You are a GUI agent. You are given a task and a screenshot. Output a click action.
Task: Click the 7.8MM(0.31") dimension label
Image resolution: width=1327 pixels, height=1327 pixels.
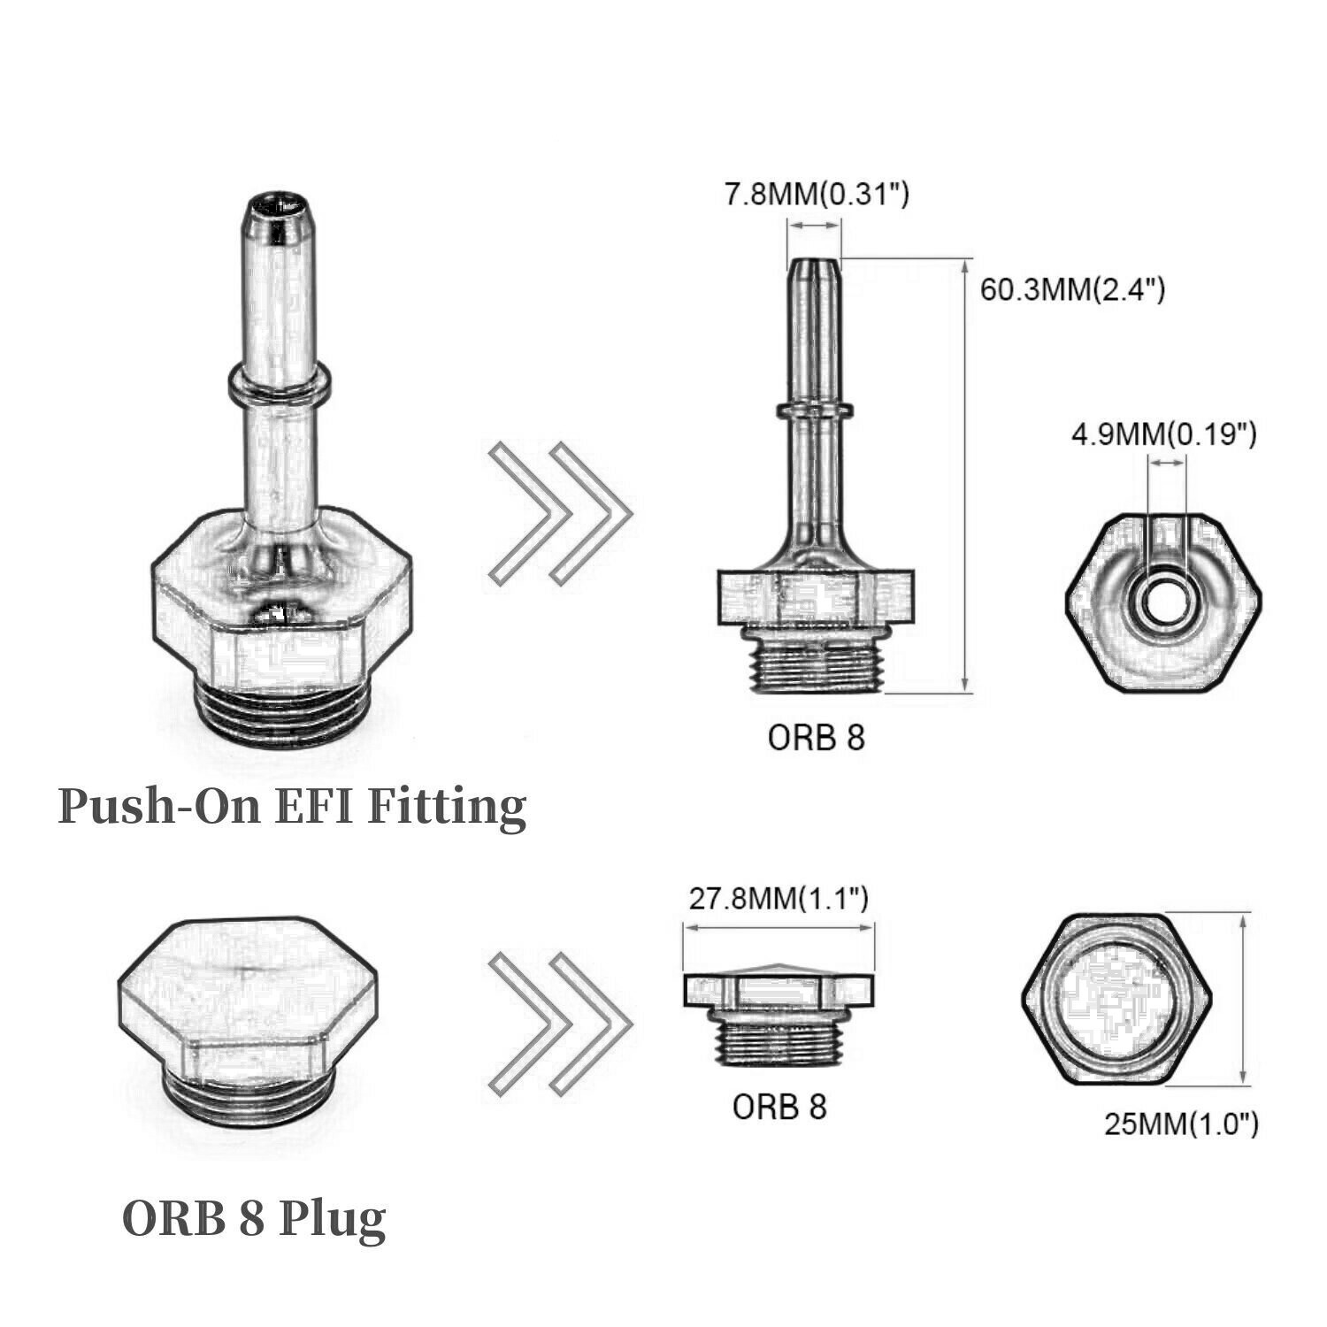[x=817, y=194]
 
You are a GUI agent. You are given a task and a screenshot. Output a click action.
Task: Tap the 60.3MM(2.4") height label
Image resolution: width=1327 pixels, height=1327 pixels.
[x=1071, y=289]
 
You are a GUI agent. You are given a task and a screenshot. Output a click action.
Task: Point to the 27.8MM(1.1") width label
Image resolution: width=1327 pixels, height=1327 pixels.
[x=779, y=899]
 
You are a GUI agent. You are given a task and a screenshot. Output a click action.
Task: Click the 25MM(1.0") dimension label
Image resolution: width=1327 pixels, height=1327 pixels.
[x=1181, y=1124]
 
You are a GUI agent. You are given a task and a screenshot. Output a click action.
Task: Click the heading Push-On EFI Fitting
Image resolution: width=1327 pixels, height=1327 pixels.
[x=292, y=807]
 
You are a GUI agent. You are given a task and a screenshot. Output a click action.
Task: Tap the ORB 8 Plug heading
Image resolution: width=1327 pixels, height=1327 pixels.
[x=254, y=1218]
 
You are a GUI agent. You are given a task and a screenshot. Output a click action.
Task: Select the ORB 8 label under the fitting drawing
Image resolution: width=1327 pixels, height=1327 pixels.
[x=815, y=737]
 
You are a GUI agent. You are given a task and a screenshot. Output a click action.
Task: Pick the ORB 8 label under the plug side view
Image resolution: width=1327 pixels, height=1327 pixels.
[x=779, y=1106]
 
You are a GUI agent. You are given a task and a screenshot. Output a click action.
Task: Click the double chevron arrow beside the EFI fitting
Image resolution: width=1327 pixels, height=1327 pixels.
[x=560, y=513]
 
